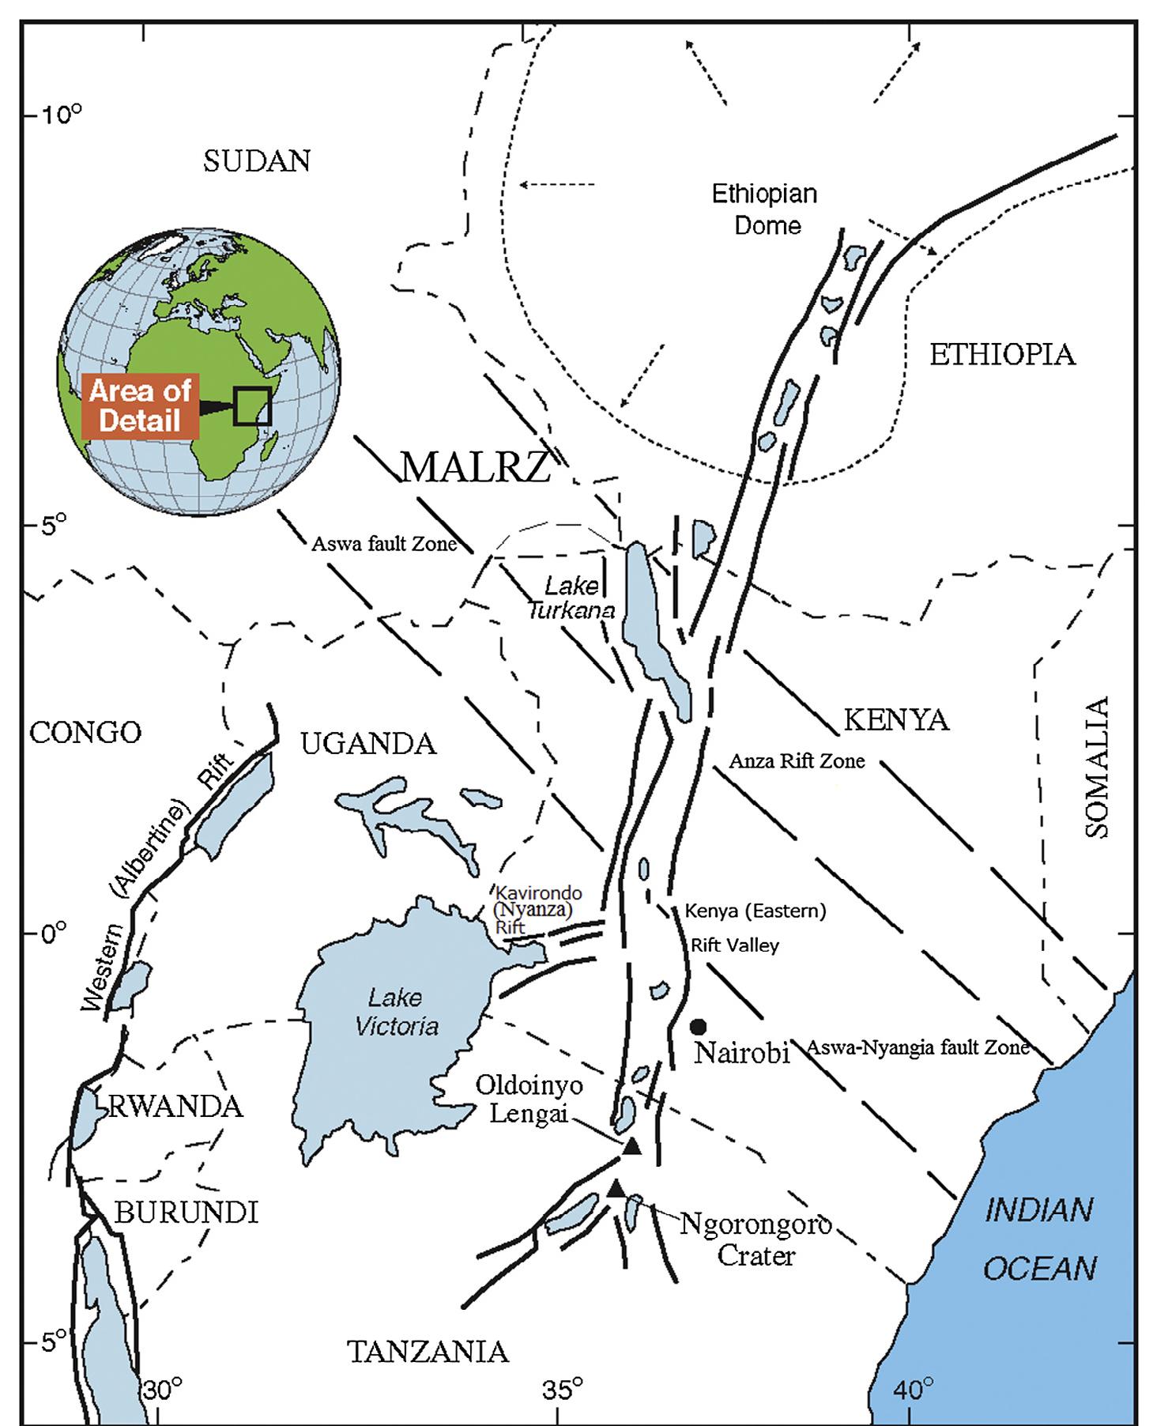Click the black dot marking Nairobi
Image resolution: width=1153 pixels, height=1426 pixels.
click(698, 1027)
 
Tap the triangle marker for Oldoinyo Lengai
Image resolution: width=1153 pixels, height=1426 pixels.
click(631, 1148)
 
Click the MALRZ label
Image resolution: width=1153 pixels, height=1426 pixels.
click(476, 467)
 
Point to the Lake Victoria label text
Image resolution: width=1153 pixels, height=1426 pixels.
click(396, 1012)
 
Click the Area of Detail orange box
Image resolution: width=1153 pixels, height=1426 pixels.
click(141, 406)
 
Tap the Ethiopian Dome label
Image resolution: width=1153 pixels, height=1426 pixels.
click(766, 209)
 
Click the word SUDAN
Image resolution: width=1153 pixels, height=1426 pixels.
click(257, 161)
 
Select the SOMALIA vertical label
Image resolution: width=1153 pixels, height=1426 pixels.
click(1098, 767)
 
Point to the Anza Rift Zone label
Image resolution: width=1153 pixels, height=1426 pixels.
click(797, 761)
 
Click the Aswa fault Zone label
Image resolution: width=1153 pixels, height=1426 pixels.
click(384, 544)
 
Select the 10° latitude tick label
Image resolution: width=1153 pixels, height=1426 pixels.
click(62, 115)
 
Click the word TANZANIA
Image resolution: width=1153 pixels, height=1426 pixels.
click(428, 1352)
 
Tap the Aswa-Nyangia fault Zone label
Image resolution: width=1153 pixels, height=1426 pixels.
click(918, 1048)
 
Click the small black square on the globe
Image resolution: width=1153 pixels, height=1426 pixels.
click(253, 406)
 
